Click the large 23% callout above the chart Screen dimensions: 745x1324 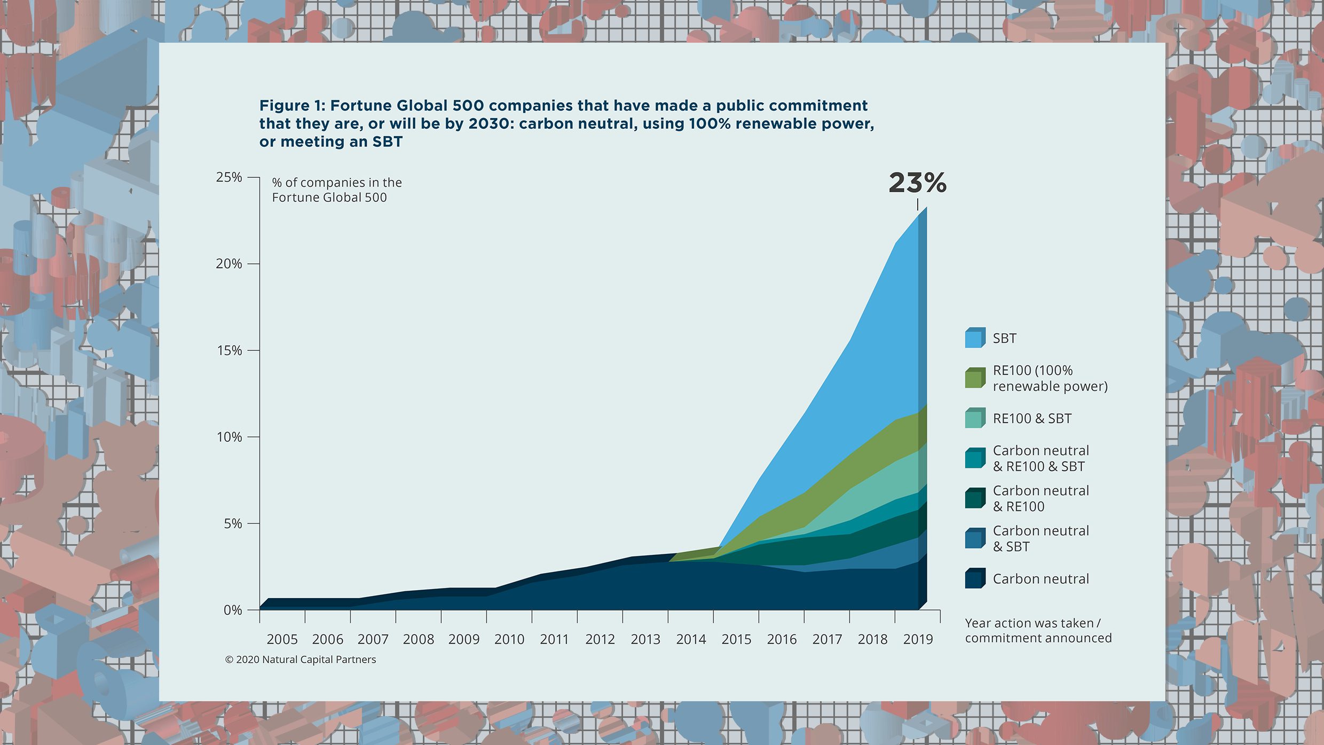click(917, 183)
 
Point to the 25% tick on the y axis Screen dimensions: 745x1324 click(229, 177)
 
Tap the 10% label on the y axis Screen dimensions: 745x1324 click(229, 437)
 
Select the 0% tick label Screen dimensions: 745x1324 click(233, 610)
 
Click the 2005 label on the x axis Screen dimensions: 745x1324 click(282, 639)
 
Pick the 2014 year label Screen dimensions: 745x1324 click(691, 639)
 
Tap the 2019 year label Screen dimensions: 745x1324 click(918, 639)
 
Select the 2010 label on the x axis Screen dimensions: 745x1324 click(509, 639)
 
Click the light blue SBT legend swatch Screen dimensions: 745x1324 click(975, 338)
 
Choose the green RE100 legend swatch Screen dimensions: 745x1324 click(975, 378)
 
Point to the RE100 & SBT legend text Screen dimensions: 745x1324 click(1031, 419)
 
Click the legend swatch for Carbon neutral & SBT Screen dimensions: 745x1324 click(975, 538)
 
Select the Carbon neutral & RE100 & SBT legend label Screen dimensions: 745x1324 click(1041, 459)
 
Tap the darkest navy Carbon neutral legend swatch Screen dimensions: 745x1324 click(975, 578)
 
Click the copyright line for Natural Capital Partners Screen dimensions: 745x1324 click(301, 660)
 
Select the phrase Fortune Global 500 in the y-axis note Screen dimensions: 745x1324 click(329, 198)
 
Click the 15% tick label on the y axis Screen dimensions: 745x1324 click(229, 351)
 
